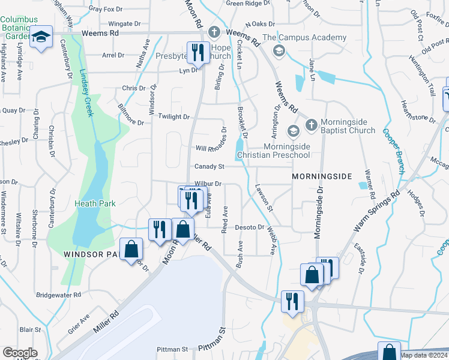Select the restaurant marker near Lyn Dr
point(196,52)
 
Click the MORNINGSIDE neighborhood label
point(321,178)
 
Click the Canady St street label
point(209,166)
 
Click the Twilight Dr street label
point(174,117)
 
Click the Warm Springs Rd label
point(376,212)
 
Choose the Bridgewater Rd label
point(58,295)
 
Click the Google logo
point(19,353)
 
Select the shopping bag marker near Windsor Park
point(130,251)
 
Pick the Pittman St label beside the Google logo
point(172,349)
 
